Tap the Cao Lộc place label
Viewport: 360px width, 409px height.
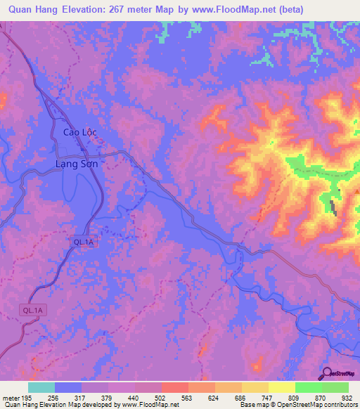(78, 131)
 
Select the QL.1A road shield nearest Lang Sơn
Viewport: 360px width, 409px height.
(82, 242)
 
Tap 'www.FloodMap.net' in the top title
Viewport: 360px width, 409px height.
(240, 9)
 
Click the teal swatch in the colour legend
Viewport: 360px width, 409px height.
(41, 387)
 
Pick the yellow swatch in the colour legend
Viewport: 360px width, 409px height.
(281, 387)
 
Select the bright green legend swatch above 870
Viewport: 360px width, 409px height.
(308, 387)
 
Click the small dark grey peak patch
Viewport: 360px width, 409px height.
(332, 207)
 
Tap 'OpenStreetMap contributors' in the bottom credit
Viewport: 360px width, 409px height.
(316, 405)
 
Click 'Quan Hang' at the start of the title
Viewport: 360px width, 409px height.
(30, 9)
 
